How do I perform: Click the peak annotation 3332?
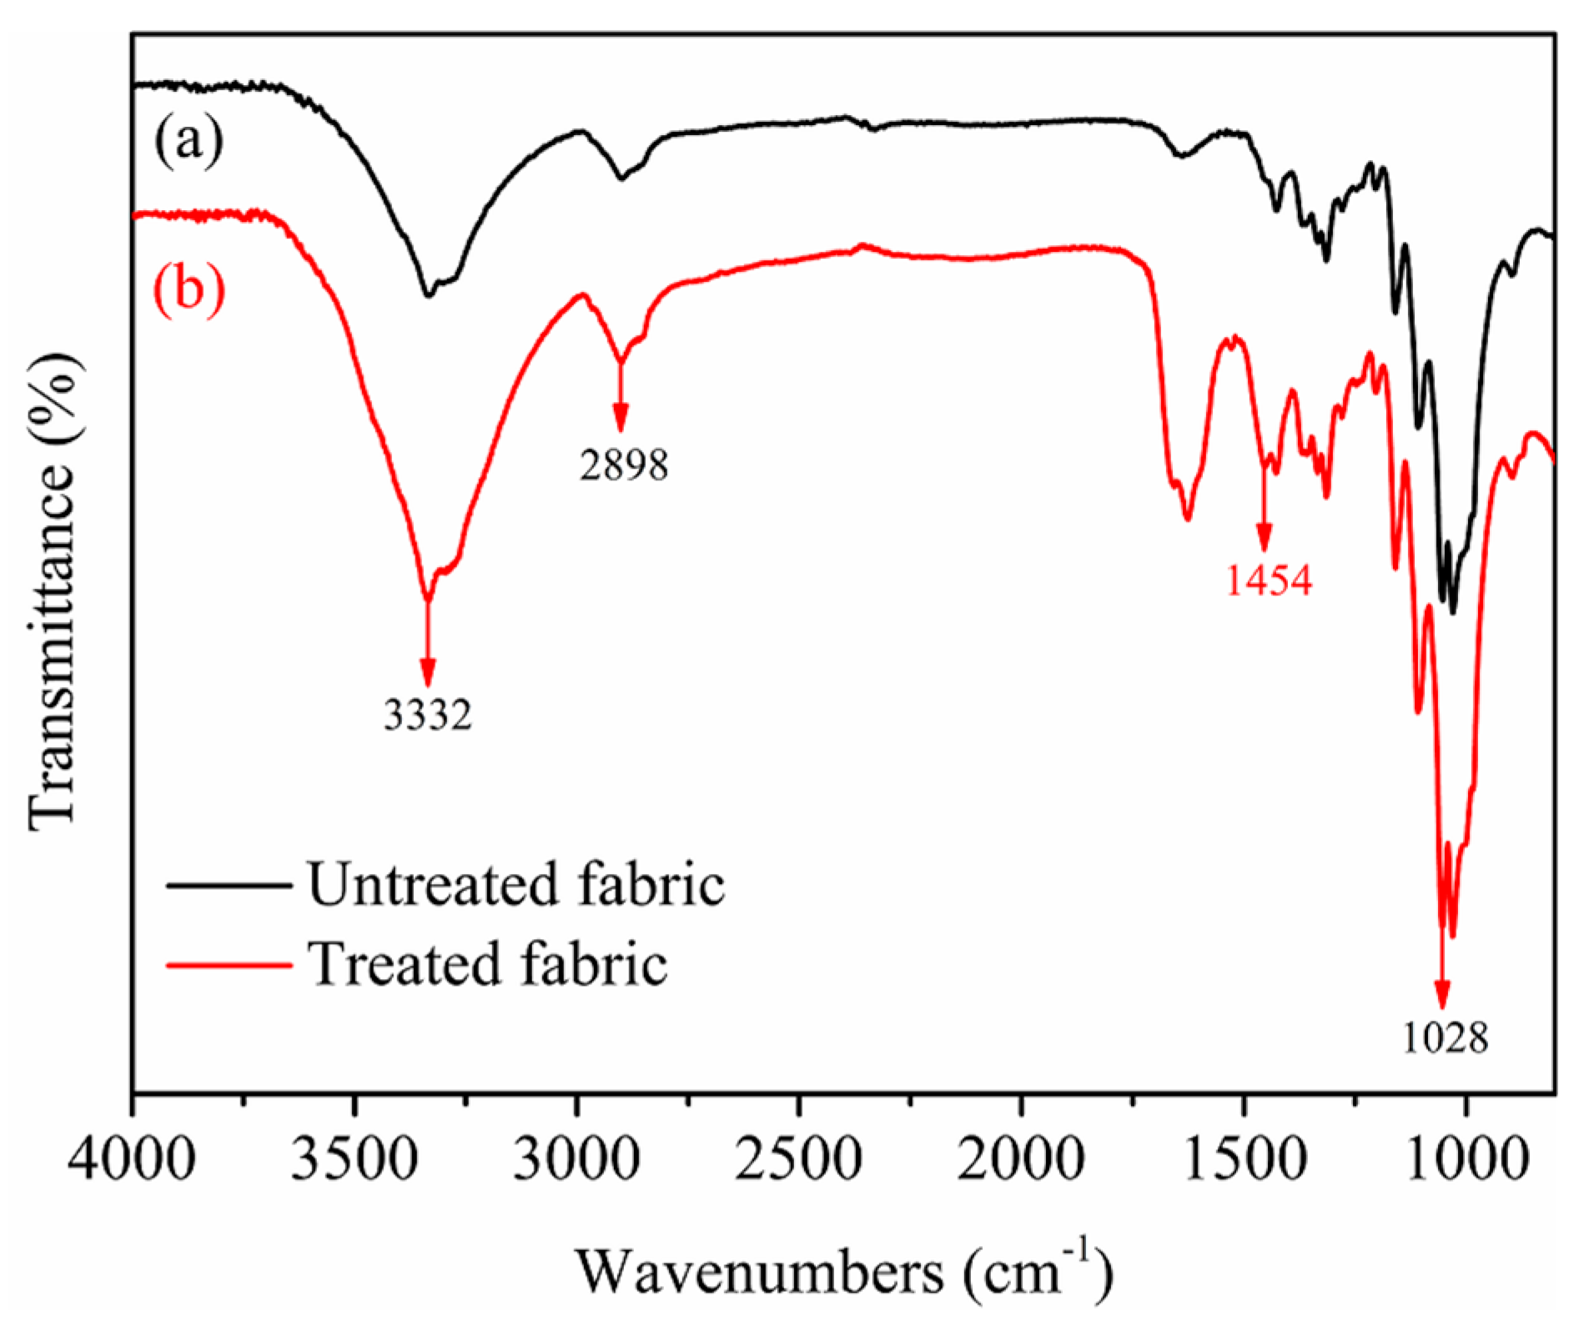pyautogui.click(x=428, y=715)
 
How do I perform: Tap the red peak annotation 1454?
pyautogui.click(x=1269, y=580)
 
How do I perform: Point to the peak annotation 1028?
pyautogui.click(x=1445, y=1039)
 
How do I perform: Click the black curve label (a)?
pyautogui.click(x=189, y=142)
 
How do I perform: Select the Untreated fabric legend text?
pyautogui.click(x=515, y=885)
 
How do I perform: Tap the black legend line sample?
pyautogui.click(x=229, y=886)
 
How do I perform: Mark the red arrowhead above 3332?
pyautogui.click(x=428, y=671)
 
